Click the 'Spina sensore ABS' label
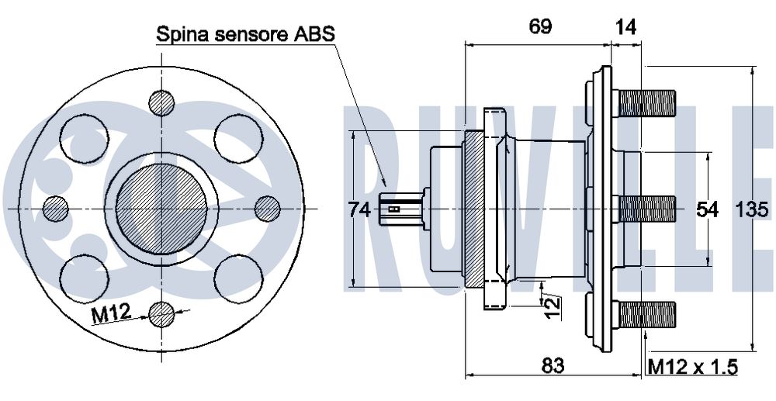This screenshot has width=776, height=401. [245, 34]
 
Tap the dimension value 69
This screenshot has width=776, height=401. [540, 26]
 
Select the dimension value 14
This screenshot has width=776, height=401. [625, 26]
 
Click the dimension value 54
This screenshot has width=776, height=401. [707, 209]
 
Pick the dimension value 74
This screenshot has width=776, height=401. [358, 209]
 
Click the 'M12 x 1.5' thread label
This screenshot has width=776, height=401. [692, 365]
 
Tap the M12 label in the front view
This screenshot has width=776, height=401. [110, 314]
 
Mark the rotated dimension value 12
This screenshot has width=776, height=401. [552, 306]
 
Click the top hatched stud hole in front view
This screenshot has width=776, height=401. [161, 102]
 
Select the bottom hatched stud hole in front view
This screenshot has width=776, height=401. [161, 313]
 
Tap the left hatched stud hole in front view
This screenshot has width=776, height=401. [56, 208]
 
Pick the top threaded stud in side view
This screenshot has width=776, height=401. [644, 102]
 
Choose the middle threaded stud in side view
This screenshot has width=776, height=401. [644, 208]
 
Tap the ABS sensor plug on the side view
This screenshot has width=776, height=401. [399, 209]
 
